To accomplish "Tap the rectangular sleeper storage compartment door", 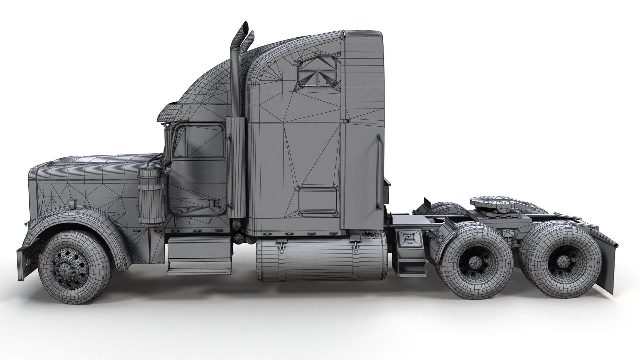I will [x=317, y=200].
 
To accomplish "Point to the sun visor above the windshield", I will [x=168, y=112].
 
